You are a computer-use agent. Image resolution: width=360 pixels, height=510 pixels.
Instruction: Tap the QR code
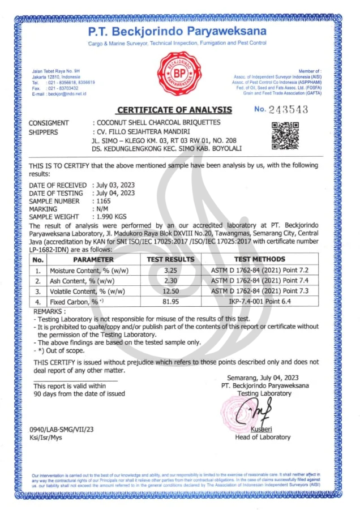click(x=285, y=136)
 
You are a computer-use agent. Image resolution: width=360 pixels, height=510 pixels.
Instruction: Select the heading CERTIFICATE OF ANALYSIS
click(x=174, y=110)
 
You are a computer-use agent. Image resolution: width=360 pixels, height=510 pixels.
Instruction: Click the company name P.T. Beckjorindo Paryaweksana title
click(x=177, y=31)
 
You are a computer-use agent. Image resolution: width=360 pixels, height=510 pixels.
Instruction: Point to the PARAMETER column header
click(x=93, y=259)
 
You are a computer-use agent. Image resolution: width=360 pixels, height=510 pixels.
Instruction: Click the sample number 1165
click(x=102, y=201)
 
